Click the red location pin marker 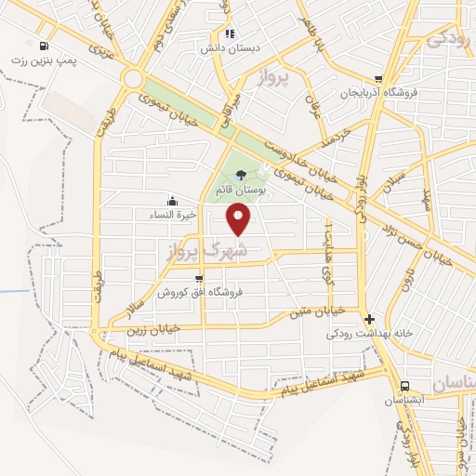coord(240,218)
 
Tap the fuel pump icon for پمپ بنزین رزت coord(46,46)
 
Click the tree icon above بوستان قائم coord(242,174)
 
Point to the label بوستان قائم coord(241,189)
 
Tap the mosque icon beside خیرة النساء coord(171,201)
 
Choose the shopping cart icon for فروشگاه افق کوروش coord(198,278)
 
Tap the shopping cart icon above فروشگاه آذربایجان coord(377,80)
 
